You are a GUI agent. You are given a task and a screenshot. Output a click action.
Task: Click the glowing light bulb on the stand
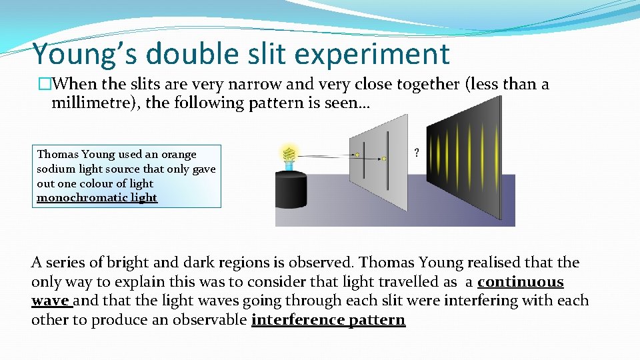pos(289,156)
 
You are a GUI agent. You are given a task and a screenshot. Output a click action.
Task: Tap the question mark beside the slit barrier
pos(417,153)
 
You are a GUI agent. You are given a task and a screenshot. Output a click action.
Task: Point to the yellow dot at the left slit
pos(357,155)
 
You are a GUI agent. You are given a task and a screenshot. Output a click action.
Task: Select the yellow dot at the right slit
pos(384,159)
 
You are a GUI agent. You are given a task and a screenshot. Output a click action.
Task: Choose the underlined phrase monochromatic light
pos(97,198)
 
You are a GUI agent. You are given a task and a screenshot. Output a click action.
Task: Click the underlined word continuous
pos(521,282)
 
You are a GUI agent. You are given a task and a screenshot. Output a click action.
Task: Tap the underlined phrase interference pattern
pos(328,320)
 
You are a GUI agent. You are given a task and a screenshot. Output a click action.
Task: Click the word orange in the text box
pos(179,154)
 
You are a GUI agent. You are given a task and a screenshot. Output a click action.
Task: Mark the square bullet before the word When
pos(45,84)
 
